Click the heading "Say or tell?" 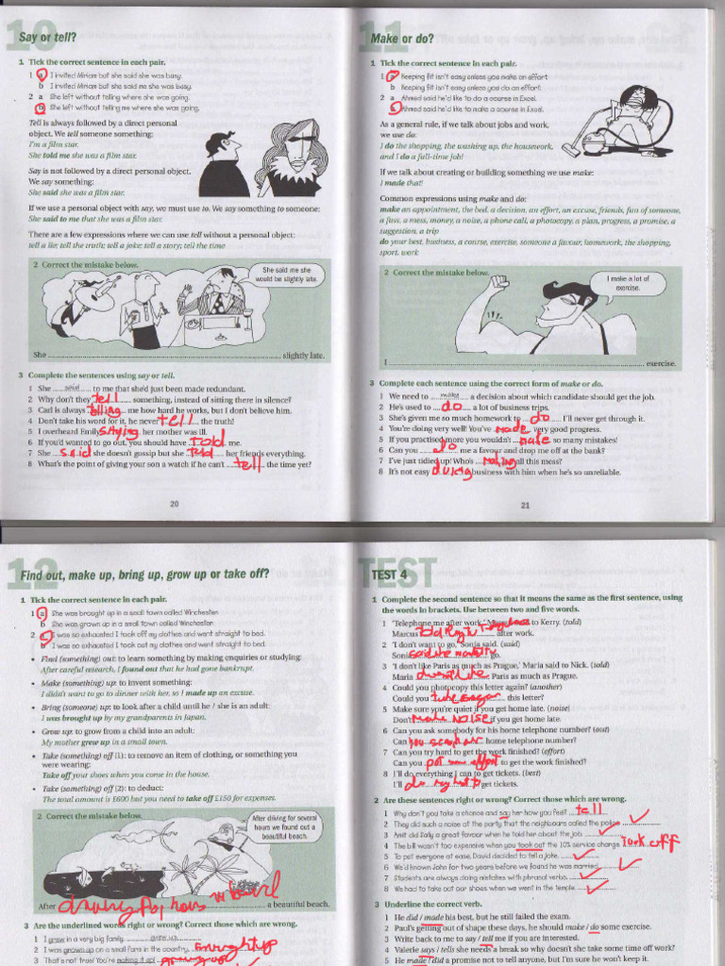click(49, 39)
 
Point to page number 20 click(174, 504)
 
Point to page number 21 click(525, 505)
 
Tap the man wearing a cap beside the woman click(223, 163)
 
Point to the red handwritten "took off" click(649, 841)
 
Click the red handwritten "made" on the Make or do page click(511, 428)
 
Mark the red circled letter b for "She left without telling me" click(40, 108)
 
